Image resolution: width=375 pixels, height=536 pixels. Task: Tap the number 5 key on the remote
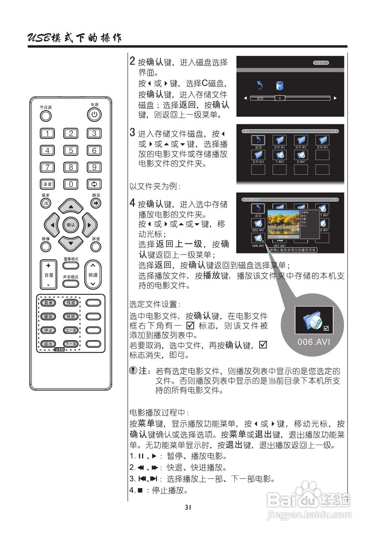click(x=71, y=150)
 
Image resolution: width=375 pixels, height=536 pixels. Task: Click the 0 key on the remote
click(x=71, y=184)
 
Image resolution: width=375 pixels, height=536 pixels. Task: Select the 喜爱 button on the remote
click(x=47, y=184)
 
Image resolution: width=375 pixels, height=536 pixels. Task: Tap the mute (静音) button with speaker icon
click(x=96, y=203)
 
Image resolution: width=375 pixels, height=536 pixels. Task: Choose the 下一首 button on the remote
click(x=70, y=344)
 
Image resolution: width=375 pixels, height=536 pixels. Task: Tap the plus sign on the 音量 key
click(x=49, y=265)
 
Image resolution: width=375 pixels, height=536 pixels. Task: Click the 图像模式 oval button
click(x=71, y=266)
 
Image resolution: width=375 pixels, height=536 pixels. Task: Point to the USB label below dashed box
click(x=59, y=349)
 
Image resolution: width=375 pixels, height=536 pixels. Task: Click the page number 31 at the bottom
click(x=188, y=507)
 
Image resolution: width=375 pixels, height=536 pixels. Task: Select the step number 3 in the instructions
click(x=132, y=134)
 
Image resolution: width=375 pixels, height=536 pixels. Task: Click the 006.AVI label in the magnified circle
click(x=314, y=341)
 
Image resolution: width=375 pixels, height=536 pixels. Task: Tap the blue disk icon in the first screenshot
click(x=280, y=86)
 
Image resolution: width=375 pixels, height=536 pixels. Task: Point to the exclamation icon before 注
click(x=133, y=371)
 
